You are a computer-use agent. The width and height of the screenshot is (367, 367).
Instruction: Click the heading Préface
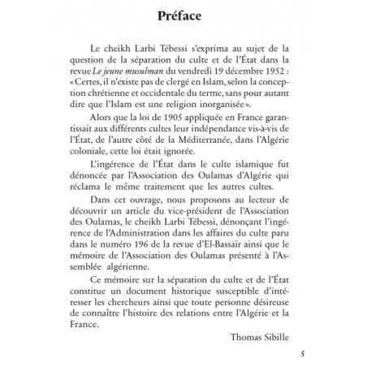(183, 16)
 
